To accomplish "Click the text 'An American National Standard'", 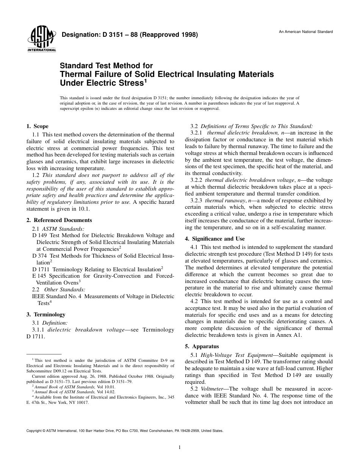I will pyautogui.click(x=306, y=31).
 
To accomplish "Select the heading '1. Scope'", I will pyautogui.click(x=38, y=126).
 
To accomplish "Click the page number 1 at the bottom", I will pyautogui.click(x=180, y=447).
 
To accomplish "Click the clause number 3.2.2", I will pyautogui.click(x=196, y=180).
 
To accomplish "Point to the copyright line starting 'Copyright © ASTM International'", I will pyautogui.click(x=125, y=431).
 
